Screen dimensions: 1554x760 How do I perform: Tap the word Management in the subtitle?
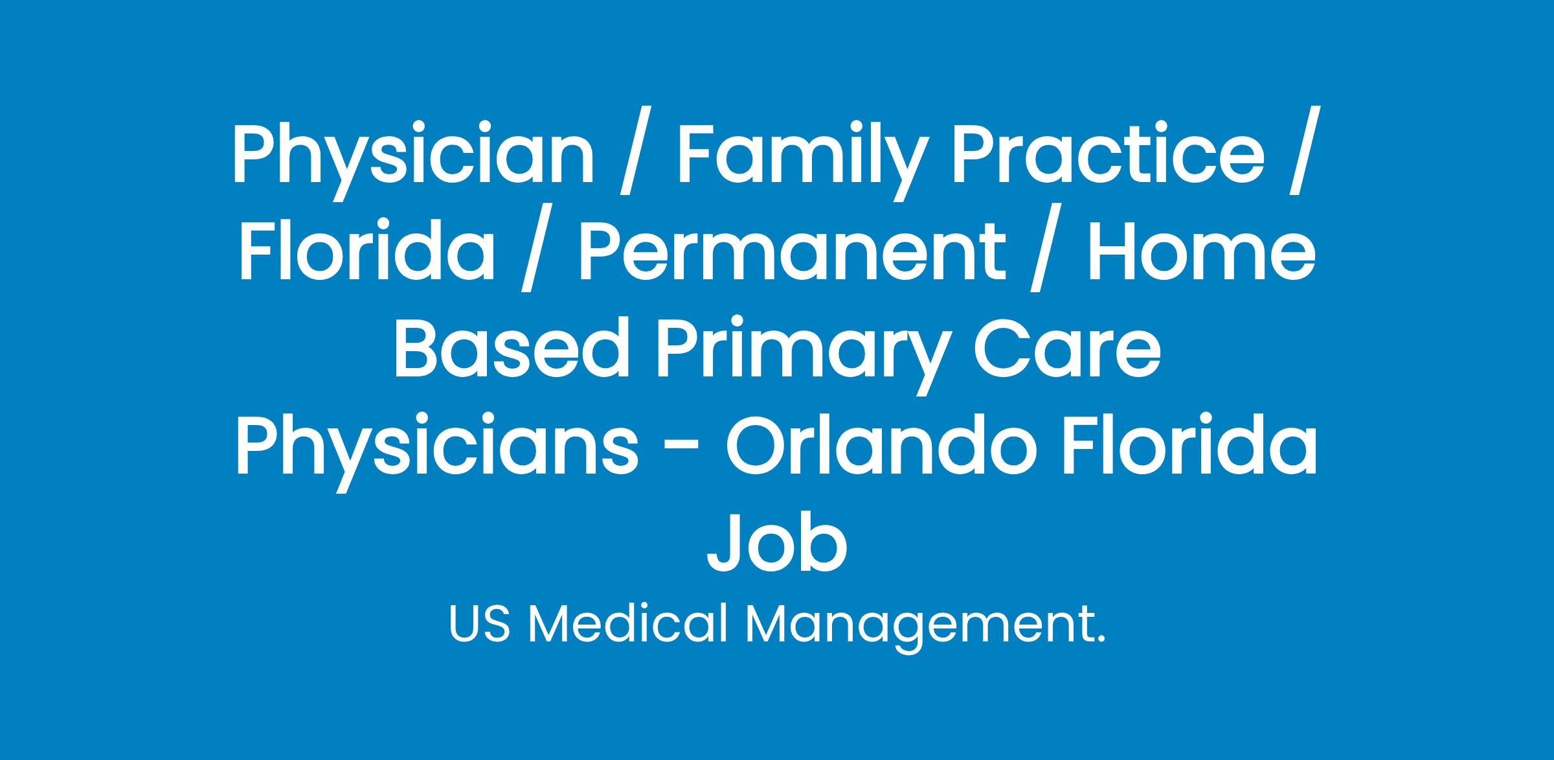click(919, 628)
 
